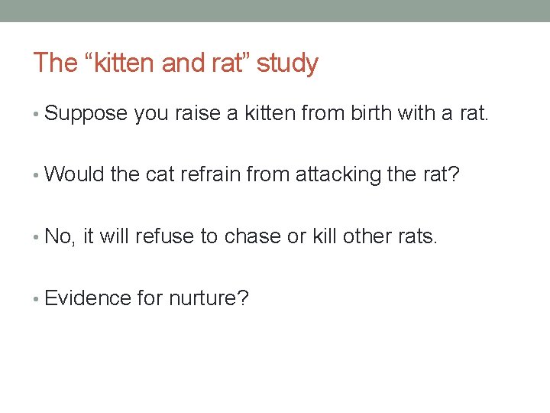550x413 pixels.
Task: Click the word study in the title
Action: point(287,63)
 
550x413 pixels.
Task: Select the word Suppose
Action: point(86,115)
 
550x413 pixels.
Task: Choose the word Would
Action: point(75,175)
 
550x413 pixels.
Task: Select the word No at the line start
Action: point(59,236)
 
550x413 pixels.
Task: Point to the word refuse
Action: point(165,236)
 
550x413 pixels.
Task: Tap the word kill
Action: point(322,236)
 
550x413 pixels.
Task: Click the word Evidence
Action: point(88,298)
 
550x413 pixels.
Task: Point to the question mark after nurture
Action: point(244,298)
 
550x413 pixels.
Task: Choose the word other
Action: point(367,236)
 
